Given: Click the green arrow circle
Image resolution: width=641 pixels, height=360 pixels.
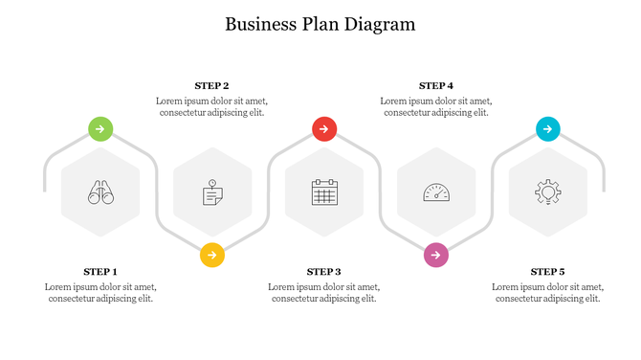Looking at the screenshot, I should (100, 128).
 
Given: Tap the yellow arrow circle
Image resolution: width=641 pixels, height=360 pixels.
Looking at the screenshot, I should (212, 256).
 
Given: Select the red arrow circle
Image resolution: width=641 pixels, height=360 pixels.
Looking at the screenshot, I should (324, 128).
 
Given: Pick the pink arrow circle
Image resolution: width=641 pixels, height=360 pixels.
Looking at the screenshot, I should (436, 256).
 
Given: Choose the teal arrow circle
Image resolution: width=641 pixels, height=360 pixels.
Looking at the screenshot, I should (547, 128).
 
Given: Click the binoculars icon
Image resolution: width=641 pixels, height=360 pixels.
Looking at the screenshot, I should (100, 192).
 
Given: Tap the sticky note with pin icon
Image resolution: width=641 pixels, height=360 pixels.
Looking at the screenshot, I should (212, 192).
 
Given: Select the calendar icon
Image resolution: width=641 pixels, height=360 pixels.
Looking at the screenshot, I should (324, 192).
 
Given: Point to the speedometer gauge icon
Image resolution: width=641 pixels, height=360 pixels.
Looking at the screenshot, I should (436, 192).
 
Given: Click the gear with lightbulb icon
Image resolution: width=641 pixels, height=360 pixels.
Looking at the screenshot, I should (547, 192).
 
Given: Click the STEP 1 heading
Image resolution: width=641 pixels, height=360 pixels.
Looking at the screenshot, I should (100, 272).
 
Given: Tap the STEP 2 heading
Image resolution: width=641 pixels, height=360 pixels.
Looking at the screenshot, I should (211, 86).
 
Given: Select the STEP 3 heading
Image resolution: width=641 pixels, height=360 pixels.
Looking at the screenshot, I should (324, 272).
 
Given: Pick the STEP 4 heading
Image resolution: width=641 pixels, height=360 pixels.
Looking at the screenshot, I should (436, 86).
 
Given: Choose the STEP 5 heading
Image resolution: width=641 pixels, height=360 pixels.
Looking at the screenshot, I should (547, 272).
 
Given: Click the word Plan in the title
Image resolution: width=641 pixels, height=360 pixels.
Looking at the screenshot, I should (319, 25).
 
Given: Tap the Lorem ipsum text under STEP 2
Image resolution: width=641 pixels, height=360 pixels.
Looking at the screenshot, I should (211, 106).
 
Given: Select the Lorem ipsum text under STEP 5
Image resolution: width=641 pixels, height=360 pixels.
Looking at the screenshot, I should (547, 292).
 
